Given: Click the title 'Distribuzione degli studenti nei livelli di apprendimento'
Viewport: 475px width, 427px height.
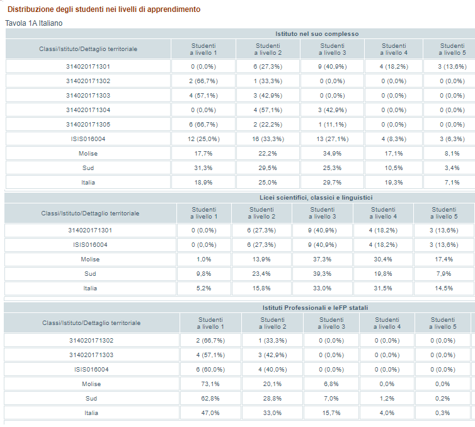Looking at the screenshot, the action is (x=104, y=9).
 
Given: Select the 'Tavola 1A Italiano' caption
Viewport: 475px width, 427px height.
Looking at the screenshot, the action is (x=34, y=23).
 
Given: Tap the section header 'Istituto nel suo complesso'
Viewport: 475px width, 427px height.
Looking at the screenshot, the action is (x=317, y=34).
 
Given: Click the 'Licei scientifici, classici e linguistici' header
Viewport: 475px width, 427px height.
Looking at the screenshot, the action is (x=316, y=198).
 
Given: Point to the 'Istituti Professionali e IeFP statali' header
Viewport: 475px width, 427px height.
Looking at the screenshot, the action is (x=315, y=308).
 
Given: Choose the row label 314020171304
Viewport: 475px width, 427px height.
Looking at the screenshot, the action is (x=88, y=110).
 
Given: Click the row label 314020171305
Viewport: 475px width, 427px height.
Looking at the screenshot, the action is (x=88, y=125).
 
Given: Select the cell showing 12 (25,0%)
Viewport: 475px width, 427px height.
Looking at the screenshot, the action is (x=203, y=139).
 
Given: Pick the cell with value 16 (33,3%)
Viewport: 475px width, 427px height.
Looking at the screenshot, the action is (x=268, y=139).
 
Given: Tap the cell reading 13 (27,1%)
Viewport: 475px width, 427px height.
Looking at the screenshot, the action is (x=333, y=139).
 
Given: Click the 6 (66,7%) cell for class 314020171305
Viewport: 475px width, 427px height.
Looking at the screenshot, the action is (x=203, y=125).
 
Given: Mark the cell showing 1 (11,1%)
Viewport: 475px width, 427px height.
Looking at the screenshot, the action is (x=333, y=125).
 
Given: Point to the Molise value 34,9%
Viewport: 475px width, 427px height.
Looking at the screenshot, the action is (x=333, y=154).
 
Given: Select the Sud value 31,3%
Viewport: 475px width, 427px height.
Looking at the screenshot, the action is (x=203, y=168).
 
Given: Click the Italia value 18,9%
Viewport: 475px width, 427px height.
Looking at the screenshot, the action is (x=203, y=183).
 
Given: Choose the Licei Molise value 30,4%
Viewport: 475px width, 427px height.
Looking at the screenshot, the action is (x=383, y=259).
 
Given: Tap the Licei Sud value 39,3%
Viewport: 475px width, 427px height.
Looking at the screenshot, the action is (x=323, y=274).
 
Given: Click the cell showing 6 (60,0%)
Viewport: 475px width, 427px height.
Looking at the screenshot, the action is (x=210, y=370).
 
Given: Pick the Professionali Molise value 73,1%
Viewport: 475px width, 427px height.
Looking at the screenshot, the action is (x=210, y=384).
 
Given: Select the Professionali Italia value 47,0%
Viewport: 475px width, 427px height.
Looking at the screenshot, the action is (x=210, y=413).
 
